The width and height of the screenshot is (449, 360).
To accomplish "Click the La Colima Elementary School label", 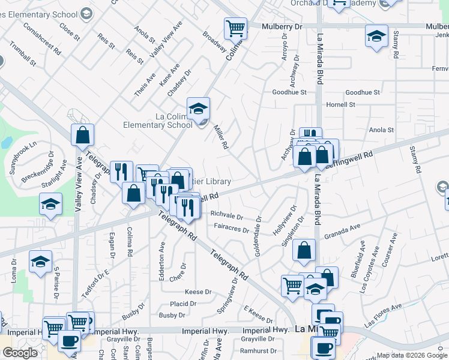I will tap(157, 121).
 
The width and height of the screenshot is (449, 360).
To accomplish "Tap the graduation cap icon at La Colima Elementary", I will tap(198, 109).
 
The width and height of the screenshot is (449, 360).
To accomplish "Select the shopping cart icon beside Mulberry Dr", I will tap(235, 28).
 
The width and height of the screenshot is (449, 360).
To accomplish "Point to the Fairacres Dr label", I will tap(231, 229).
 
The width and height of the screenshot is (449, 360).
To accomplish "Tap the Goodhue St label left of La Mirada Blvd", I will tap(289, 92).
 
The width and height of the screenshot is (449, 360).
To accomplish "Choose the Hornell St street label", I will tap(340, 104).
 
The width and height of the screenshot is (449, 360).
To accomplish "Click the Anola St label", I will tap(381, 130).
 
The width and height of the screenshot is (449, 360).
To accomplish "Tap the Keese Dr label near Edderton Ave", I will tap(199, 292).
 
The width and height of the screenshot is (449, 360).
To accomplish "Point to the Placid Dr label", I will tap(183, 304).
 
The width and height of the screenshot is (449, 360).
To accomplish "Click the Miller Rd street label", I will tap(221, 137).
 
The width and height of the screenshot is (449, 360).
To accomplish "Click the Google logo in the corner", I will tap(20, 353).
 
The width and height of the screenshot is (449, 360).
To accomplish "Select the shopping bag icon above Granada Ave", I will tap(304, 250).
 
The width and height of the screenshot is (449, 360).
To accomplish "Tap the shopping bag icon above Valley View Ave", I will tap(82, 135).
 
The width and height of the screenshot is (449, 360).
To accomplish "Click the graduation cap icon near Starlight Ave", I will tap(51, 204).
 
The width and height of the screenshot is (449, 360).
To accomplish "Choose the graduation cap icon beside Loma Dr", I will tap(40, 262).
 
